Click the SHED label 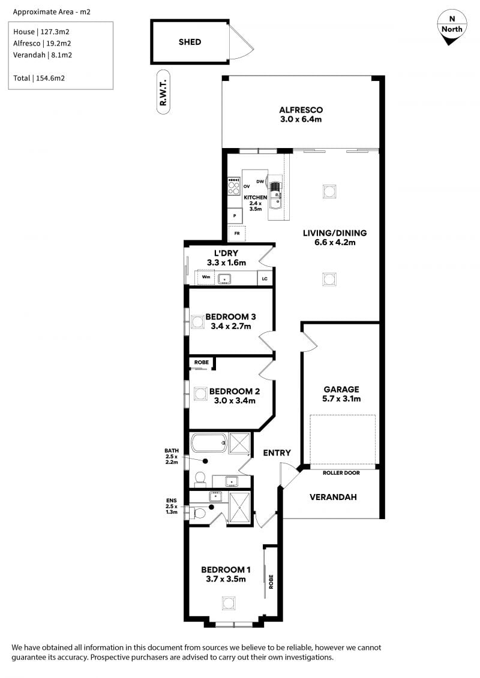coord(190,42)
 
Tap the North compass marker coord(452,28)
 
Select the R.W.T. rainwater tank coord(163,92)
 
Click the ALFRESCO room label coord(301,110)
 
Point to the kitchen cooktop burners coord(234,186)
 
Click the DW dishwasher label coord(260,182)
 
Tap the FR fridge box coord(237,234)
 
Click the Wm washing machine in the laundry coord(206,277)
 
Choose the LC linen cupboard coord(265,279)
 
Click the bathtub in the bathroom coord(209,442)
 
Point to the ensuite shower coord(239,508)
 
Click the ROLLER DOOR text coord(341,473)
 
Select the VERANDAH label coord(333,497)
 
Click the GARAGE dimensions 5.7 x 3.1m coord(341,399)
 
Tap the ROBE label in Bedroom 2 coord(201,362)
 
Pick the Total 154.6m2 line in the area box coord(39,79)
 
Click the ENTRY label coord(277,453)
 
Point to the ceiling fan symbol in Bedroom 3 coord(197,322)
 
